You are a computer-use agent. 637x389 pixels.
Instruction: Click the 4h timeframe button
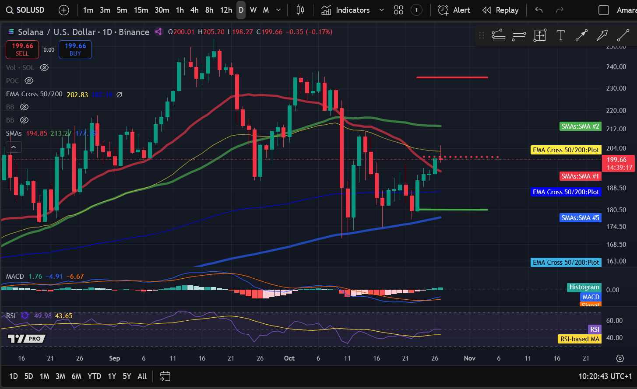point(194,10)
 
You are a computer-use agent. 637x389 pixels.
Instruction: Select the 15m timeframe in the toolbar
point(141,10)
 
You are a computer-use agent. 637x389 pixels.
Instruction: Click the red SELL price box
point(22,49)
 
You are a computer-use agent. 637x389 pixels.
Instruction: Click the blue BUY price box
point(75,49)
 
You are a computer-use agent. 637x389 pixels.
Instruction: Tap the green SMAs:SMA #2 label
point(580,126)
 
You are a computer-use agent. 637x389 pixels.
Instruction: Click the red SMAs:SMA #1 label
point(580,176)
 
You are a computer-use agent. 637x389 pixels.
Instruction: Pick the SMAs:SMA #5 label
point(580,217)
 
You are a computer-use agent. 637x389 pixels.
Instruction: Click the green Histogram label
point(584,287)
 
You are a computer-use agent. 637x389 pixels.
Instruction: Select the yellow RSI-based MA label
point(580,339)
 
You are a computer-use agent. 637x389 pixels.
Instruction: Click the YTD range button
point(94,376)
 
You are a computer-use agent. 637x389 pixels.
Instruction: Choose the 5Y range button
point(127,376)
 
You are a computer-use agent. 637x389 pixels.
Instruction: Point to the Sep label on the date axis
point(114,358)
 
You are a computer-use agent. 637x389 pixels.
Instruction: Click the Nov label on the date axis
point(469,358)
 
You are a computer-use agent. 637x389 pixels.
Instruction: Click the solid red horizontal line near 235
point(452,77)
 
